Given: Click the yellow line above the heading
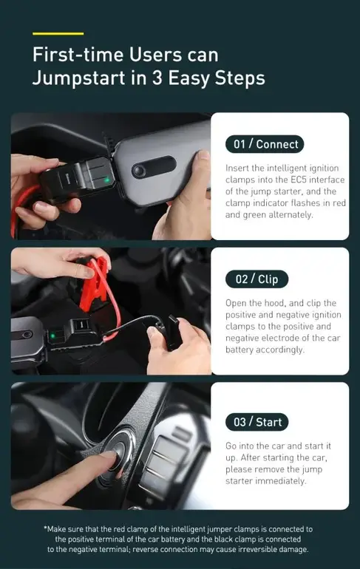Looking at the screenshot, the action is (58, 34).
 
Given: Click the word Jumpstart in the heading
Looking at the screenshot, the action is (79, 78).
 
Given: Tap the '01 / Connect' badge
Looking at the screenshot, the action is (265, 144).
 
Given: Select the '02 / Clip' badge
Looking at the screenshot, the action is (257, 279).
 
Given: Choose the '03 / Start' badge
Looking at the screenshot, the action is (257, 422).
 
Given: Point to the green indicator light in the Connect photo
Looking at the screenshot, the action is (106, 180).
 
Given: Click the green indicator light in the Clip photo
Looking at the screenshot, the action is (53, 335).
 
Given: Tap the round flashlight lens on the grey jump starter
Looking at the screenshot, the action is (139, 170).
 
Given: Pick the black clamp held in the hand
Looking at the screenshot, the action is (172, 331).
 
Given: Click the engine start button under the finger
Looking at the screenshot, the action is (117, 451).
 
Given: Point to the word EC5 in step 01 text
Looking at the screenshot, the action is (299, 180).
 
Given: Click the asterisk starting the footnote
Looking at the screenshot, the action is (45, 528).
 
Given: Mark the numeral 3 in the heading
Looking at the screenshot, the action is (157, 78).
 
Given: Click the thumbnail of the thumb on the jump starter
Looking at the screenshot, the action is (204, 155).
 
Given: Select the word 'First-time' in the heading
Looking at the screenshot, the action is (78, 55).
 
